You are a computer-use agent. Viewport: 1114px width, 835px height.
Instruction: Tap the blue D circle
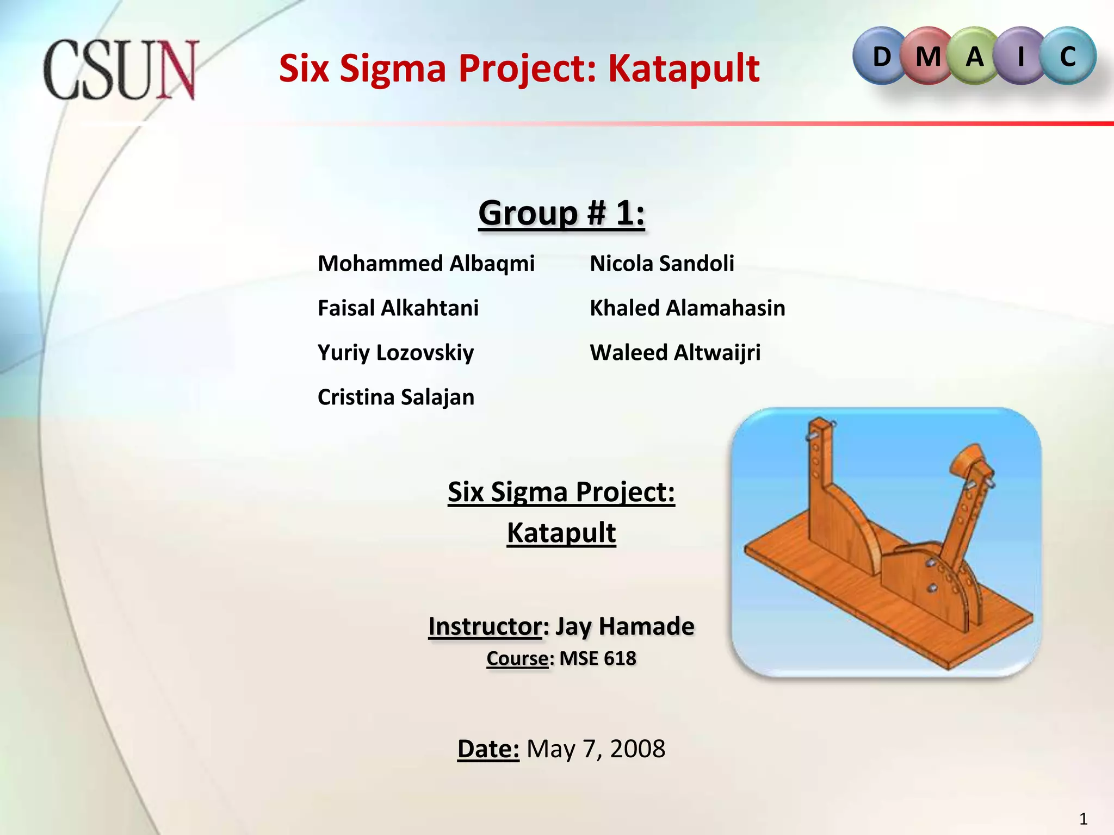click(x=881, y=57)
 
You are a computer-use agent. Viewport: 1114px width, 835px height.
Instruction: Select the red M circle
click(x=928, y=57)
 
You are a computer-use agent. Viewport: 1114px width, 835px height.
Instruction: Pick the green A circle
click(x=975, y=57)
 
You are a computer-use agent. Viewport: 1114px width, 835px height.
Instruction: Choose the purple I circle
click(x=1021, y=57)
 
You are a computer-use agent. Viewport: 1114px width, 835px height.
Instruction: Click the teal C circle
click(x=1068, y=57)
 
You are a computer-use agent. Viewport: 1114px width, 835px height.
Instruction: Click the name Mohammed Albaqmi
click(x=426, y=264)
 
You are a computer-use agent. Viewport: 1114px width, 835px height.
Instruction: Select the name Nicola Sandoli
click(x=662, y=264)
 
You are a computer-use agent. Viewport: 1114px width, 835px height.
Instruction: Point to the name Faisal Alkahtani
click(x=398, y=308)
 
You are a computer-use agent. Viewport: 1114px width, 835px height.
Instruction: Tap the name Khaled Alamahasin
click(x=688, y=308)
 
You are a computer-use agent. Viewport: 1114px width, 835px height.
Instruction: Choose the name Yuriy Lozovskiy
click(x=395, y=353)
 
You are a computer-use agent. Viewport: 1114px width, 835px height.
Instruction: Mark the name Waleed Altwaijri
click(x=675, y=353)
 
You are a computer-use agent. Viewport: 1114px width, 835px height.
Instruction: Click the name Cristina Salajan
click(x=396, y=397)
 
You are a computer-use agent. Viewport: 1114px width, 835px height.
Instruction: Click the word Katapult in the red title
click(x=683, y=69)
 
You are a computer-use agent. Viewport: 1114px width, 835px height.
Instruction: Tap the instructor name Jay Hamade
click(x=625, y=626)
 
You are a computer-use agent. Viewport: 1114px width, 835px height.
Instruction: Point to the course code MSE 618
click(x=598, y=658)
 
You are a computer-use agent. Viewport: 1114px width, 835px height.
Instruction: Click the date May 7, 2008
click(x=596, y=749)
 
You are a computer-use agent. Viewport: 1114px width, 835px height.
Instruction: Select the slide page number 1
click(x=1083, y=819)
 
